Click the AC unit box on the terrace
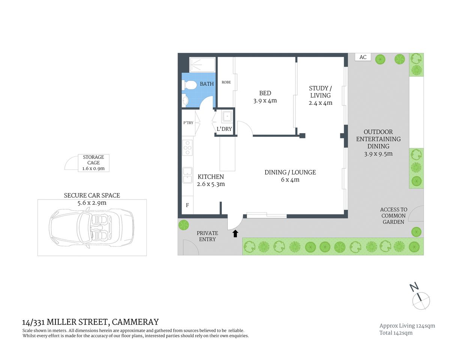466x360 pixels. (363, 57)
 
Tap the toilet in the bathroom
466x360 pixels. (190, 85)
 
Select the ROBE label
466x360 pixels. (226, 82)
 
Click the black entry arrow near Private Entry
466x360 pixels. (235, 234)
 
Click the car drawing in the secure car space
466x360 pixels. (92, 227)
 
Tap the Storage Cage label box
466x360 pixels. (93, 163)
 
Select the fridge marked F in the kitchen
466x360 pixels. (188, 205)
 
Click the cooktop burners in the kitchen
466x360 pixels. (188, 147)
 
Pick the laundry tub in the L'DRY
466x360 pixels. (227, 117)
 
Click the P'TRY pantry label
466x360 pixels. (188, 123)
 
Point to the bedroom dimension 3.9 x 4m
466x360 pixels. (265, 100)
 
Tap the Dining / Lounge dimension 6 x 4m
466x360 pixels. (290, 180)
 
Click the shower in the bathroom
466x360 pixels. (202, 64)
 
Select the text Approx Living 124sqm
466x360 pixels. (407, 325)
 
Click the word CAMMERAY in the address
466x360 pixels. (135, 322)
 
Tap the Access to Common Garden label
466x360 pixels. (393, 216)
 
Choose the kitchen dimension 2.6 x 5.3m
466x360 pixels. (210, 184)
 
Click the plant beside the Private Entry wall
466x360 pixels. (183, 225)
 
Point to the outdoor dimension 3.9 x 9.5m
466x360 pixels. (378, 154)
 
